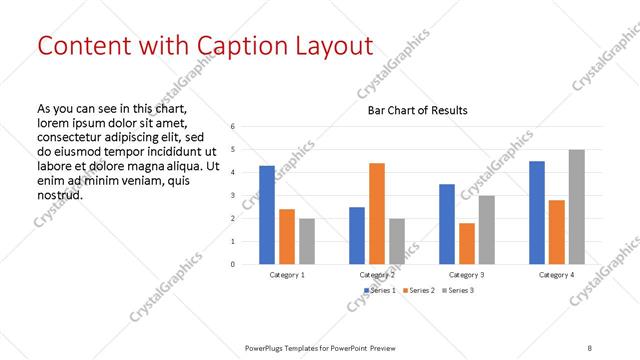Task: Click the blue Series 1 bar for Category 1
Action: coord(267,214)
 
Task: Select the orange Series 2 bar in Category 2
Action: coord(377,213)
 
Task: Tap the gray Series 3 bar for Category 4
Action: coord(576,207)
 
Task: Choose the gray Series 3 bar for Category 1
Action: coord(306,241)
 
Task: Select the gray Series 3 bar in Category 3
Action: coord(486,229)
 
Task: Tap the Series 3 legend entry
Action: coord(458,290)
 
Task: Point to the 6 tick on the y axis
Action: coord(232,127)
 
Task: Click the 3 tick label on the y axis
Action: coord(232,196)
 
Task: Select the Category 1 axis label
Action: coord(287,274)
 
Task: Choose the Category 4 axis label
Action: coord(557,274)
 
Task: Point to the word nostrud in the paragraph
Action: coord(59,194)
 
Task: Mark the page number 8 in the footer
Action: coord(590,347)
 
